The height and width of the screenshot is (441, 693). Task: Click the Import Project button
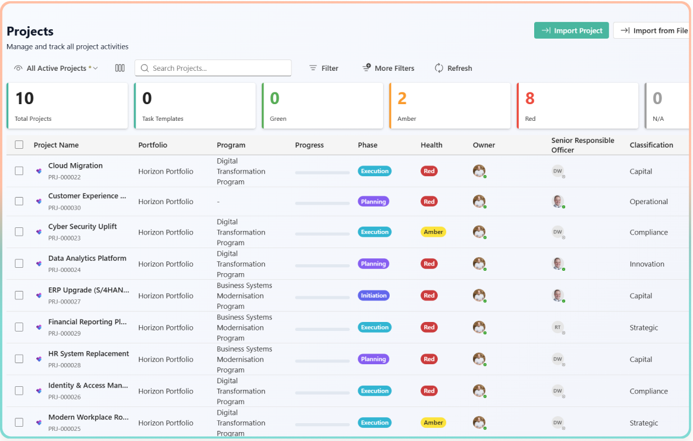571,31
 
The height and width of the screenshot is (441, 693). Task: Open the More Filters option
388,68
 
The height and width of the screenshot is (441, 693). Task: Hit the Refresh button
453,68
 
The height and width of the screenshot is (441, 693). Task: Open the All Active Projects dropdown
57,68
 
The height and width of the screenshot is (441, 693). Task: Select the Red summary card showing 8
573,106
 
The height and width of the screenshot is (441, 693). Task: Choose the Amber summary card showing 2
449,106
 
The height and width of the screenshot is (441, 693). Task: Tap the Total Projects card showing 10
67,106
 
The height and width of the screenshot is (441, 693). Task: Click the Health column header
431,145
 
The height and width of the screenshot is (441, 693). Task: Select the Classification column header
651,145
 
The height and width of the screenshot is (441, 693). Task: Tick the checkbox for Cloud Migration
19,171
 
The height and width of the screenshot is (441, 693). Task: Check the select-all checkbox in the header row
19,145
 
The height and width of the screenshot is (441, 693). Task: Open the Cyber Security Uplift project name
83,227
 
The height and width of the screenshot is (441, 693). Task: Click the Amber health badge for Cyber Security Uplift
433,232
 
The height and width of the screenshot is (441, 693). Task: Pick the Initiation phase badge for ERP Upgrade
374,296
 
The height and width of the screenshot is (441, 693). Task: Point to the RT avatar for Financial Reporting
557,327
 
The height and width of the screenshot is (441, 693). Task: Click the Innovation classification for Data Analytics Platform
647,264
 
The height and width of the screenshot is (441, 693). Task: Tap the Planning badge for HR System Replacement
373,359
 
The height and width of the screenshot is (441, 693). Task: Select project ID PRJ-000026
64,397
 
